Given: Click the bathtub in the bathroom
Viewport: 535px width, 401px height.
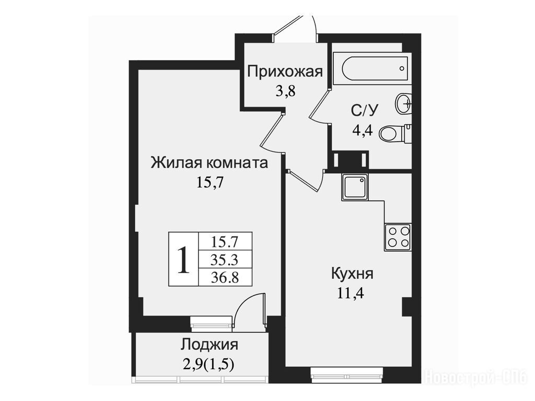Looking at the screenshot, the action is (373, 68).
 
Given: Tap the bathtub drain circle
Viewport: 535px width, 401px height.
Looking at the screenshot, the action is (402, 68).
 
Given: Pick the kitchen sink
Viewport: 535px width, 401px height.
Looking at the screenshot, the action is (355, 187).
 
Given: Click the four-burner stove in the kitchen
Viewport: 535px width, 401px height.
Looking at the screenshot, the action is (398, 237).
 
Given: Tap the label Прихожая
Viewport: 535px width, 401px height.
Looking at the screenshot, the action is (285, 73).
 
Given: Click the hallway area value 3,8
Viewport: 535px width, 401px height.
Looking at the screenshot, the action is (285, 91).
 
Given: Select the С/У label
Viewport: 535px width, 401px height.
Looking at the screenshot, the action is (365, 110).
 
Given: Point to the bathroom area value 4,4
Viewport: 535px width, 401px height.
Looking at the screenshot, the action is (363, 129).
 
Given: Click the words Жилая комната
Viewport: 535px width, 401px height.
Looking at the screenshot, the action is (209, 163).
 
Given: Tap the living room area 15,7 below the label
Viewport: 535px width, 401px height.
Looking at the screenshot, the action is (210, 182).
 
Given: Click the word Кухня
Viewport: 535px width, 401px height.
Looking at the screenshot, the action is (352, 274).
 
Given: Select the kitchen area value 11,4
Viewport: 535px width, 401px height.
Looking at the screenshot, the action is (351, 293).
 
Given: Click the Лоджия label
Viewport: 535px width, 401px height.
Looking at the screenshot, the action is (209, 345).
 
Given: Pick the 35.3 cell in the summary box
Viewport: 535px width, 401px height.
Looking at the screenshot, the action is (224, 260).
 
